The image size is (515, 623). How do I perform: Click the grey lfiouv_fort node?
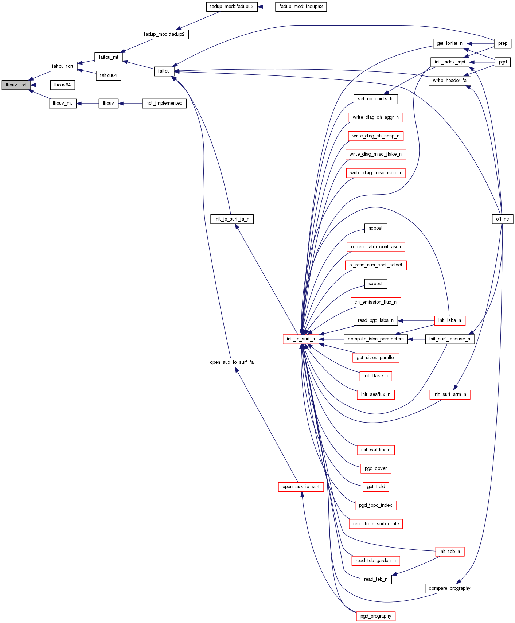16,85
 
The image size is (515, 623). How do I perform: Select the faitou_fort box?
62,66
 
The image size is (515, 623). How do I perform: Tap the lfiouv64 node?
62,85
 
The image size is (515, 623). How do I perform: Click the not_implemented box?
164,103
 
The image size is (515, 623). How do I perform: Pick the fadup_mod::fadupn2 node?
301,7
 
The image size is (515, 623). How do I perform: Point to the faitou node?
164,71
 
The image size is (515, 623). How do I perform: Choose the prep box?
503,43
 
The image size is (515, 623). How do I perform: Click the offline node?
502,219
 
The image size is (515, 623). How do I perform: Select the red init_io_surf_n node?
301,339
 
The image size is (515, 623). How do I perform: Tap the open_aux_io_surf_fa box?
232,362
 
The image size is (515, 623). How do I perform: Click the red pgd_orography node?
375,616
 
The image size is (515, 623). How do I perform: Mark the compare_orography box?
449,588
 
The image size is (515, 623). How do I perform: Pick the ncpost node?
375,228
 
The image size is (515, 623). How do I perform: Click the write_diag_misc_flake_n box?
375,154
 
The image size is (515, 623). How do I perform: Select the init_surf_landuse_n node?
449,339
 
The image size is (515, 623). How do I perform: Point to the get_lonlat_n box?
449,43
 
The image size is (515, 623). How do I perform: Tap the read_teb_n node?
375,579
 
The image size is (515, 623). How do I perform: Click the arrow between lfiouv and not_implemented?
130,104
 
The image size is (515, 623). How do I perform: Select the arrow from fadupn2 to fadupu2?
266,7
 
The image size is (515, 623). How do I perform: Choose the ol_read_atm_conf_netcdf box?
375,265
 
